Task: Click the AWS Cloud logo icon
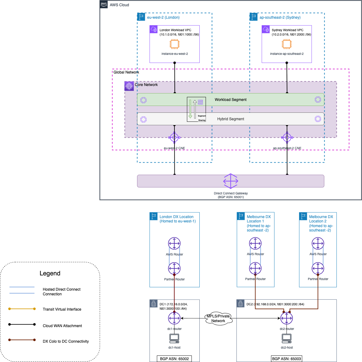[x=104, y=4]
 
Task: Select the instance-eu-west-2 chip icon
[x=174, y=44]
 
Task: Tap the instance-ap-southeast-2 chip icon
[x=287, y=44]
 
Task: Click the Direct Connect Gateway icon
[x=231, y=181]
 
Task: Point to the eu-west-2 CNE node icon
[x=174, y=137]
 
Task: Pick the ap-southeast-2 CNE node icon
[x=287, y=137]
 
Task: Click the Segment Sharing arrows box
[x=196, y=109]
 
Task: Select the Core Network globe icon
[x=129, y=86]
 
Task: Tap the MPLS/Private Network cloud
[x=219, y=318]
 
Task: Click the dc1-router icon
[x=174, y=318]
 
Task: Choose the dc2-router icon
[x=287, y=318]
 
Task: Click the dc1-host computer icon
[x=174, y=338]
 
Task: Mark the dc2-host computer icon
[x=287, y=338]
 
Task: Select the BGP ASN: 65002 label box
[x=174, y=359]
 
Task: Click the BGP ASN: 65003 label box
[x=287, y=359]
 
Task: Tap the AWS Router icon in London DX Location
[x=174, y=244]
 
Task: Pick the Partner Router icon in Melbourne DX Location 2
[x=318, y=268]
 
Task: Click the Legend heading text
[x=50, y=273]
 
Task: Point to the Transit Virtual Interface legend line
[x=22, y=309]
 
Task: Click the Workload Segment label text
[x=231, y=100]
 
